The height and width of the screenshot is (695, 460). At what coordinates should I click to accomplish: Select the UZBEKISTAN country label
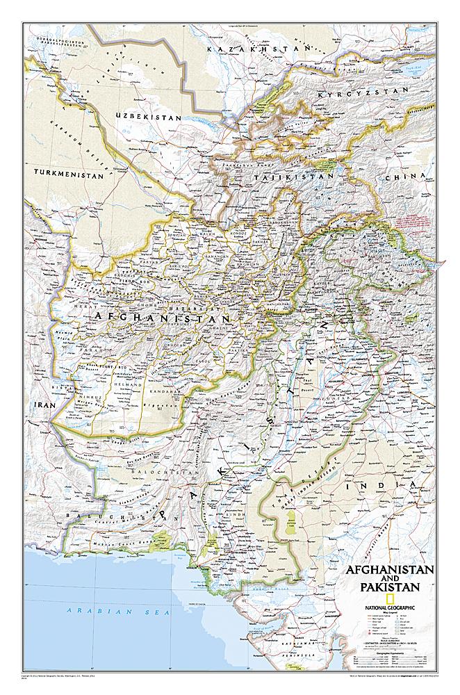pyautogui.click(x=148, y=116)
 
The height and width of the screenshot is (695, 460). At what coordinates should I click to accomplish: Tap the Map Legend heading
pyautogui.click(x=389, y=614)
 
